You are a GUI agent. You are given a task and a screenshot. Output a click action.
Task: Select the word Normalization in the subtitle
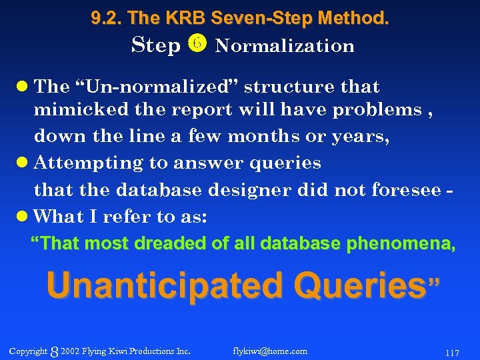(x=285, y=46)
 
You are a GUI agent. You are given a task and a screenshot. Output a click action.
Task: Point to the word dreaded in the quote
(x=172, y=244)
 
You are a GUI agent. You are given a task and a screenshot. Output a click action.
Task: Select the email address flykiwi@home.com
(x=270, y=351)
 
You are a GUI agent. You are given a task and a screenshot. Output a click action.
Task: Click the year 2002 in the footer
(x=69, y=351)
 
